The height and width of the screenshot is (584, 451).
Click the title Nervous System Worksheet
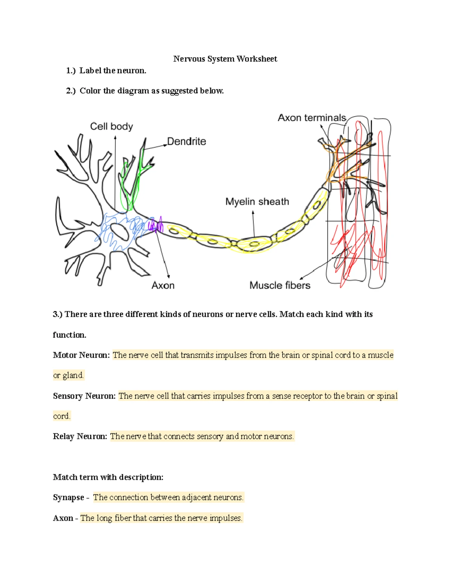[x=225, y=59]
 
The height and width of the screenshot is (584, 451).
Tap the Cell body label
[x=111, y=126]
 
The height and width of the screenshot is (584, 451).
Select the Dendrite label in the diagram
[x=186, y=141]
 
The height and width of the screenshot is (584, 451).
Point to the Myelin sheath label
[x=257, y=202]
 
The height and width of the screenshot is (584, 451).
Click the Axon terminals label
[x=312, y=118]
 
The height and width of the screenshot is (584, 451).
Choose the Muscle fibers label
[x=280, y=285]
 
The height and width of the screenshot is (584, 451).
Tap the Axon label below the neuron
[x=163, y=285]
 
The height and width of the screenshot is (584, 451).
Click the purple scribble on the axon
[x=155, y=225]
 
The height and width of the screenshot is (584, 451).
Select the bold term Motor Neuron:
[x=81, y=355]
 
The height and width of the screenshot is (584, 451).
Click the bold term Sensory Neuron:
[x=84, y=396]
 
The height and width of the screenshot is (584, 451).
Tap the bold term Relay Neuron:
[x=80, y=436]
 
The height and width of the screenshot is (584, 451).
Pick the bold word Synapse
[x=68, y=498]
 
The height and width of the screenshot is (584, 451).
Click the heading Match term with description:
[x=108, y=477]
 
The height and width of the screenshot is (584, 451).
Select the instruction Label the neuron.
[x=112, y=71]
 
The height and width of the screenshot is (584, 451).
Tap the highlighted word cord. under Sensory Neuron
[x=62, y=416]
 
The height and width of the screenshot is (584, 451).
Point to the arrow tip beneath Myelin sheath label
[x=253, y=212]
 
